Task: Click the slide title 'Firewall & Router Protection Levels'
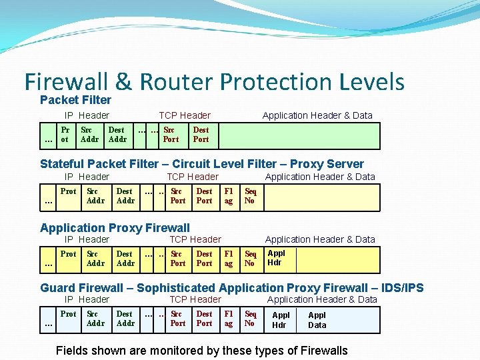click(x=214, y=82)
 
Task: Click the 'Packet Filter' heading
click(x=75, y=100)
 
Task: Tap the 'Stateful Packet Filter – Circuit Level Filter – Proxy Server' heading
click(x=202, y=164)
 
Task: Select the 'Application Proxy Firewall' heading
click(x=115, y=228)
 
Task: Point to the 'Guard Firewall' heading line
click(x=231, y=288)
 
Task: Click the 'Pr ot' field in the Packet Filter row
click(x=65, y=135)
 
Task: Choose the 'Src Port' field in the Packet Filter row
click(x=171, y=135)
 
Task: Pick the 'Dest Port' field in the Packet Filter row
click(x=201, y=135)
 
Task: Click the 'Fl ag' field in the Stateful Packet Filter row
click(x=229, y=196)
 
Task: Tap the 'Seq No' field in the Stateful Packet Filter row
click(x=250, y=196)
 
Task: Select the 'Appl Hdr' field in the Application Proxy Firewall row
click(x=276, y=258)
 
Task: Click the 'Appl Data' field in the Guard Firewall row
click(x=317, y=320)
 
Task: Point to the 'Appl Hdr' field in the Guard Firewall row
click(x=281, y=320)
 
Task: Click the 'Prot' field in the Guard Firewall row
click(x=69, y=314)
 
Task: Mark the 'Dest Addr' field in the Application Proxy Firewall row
click(x=125, y=259)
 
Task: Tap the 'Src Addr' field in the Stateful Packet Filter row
click(x=96, y=196)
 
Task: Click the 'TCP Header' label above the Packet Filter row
click(x=185, y=115)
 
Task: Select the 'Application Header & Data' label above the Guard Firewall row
click(x=322, y=299)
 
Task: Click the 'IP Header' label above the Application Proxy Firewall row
click(x=87, y=239)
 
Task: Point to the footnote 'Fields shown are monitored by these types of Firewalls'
click(x=202, y=350)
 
